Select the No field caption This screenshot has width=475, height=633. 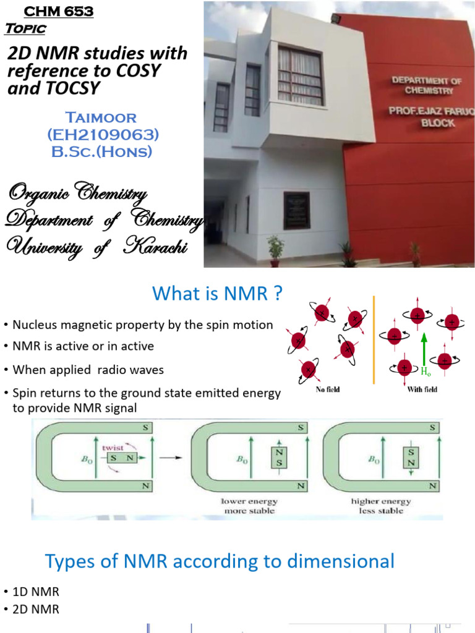click(328, 389)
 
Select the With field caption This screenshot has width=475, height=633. click(422, 389)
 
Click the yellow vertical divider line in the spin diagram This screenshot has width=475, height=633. click(374, 339)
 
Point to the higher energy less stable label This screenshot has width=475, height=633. click(380, 506)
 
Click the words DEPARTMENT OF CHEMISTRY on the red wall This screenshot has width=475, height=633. click(422, 85)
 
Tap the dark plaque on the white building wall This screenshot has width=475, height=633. click(296, 210)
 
